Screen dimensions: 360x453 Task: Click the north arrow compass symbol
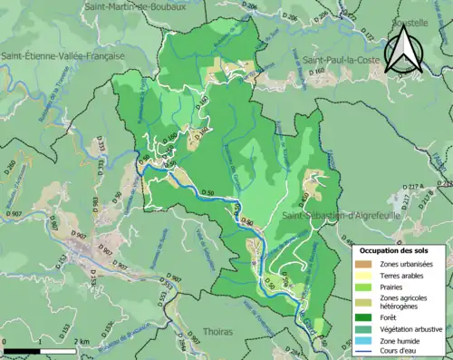coord(403,50)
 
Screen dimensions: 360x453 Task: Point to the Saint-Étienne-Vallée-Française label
coord(63,56)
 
